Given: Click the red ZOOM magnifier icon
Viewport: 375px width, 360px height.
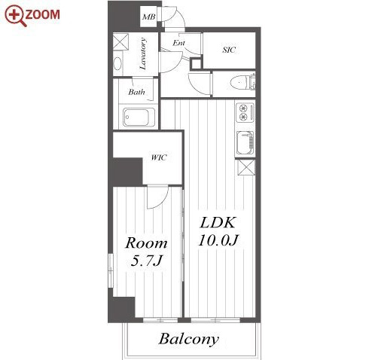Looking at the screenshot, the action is click(14, 16).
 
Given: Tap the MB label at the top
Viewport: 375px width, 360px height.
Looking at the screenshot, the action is click(148, 17).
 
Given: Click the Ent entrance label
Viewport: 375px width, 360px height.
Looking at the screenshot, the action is click(178, 43).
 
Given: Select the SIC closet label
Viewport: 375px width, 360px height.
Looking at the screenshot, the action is click(229, 50).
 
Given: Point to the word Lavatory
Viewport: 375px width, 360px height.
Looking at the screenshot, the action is click(142, 53).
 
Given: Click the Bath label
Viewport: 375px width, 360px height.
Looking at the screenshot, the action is click(136, 92).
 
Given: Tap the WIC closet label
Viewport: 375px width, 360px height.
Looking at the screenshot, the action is click(159, 157).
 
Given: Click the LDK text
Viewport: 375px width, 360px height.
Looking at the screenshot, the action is click(218, 222).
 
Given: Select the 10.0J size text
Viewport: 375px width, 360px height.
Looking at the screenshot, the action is click(218, 240).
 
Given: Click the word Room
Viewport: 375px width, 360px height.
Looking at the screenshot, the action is click(146, 243).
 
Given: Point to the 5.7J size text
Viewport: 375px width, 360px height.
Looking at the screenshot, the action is click(146, 261).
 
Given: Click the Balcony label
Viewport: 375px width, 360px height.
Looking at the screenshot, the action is click(189, 339).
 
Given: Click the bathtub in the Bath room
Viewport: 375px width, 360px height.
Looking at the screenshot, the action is click(139, 117).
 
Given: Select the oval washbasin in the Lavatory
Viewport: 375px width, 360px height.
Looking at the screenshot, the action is click(117, 64).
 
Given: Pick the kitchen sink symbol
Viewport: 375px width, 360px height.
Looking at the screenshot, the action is click(245, 142).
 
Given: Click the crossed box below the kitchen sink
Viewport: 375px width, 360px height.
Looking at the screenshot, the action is click(246, 167).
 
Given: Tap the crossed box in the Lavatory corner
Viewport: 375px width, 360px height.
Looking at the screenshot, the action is click(120, 41).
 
